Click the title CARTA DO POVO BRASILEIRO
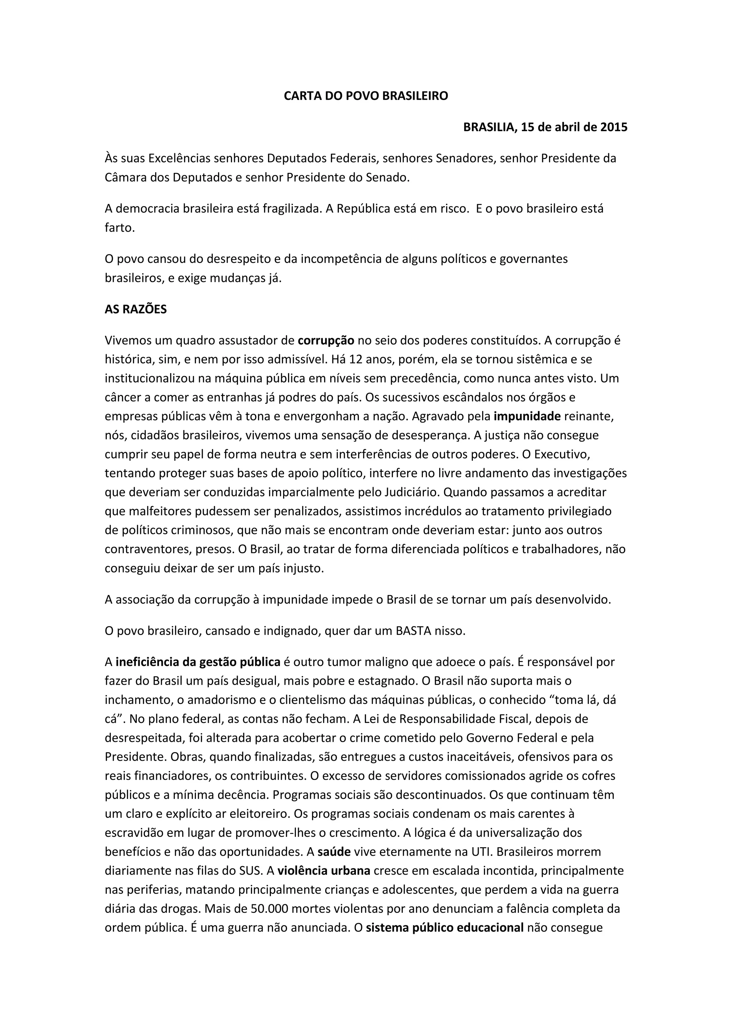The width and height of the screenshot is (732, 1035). [366, 96]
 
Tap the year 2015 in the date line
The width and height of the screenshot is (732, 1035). [613, 127]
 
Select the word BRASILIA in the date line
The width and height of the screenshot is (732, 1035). [490, 127]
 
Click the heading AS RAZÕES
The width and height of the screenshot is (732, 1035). [136, 309]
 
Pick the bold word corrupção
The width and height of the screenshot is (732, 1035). [326, 340]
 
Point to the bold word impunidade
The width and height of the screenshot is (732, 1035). [527, 416]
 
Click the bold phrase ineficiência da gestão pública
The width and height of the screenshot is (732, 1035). [198, 662]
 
